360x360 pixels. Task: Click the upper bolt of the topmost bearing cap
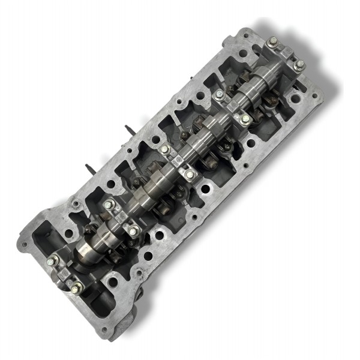point(273,41)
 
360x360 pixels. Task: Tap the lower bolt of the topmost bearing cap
point(298,64)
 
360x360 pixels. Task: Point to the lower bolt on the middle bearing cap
point(190,174)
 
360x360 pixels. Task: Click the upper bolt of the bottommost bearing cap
point(53,260)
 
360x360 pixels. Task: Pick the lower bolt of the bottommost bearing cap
point(76,289)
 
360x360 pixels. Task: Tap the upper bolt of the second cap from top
point(220,95)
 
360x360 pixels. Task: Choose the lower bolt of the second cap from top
point(245,119)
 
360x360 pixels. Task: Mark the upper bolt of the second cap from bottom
point(109,205)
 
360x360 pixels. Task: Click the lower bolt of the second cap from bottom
point(133,230)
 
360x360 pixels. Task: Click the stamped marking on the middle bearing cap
point(176,161)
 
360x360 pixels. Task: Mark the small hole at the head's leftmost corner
point(25,244)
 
